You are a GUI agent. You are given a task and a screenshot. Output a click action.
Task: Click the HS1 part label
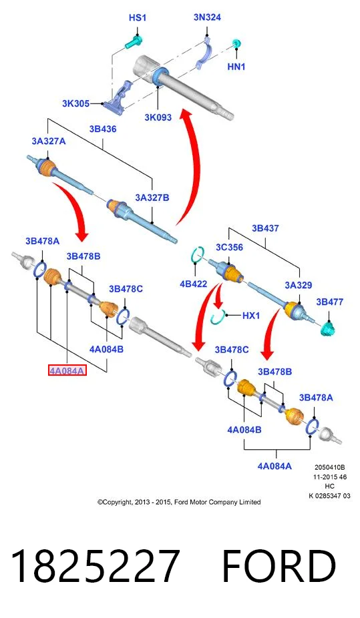[x=138, y=18]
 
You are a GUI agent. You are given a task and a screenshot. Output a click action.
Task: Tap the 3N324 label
[x=207, y=17]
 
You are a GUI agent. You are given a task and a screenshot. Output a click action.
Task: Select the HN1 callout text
[x=236, y=67]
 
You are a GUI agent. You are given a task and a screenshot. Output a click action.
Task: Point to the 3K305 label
[x=75, y=103]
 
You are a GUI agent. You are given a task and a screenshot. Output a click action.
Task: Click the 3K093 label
[x=158, y=117]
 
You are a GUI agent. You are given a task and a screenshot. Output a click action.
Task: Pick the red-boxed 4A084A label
[x=67, y=370]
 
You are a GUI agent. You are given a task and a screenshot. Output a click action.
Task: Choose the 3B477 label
[x=330, y=302]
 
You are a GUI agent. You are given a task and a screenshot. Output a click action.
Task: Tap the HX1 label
[x=251, y=315]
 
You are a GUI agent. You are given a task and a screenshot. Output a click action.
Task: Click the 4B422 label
[x=193, y=284]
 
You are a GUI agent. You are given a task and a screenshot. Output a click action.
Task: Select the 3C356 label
[x=229, y=247]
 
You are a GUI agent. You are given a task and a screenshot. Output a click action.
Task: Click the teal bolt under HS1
[x=134, y=43]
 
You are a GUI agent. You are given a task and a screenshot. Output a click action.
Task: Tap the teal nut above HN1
[x=236, y=43]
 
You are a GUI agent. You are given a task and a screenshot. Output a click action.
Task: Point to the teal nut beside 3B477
[x=328, y=328]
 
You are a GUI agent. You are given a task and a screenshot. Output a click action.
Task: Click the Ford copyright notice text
[x=179, y=502]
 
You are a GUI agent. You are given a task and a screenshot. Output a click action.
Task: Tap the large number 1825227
[x=95, y=565]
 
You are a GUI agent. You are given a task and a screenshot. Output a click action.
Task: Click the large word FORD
[x=279, y=565]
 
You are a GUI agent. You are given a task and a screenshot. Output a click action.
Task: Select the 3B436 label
[x=102, y=129]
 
